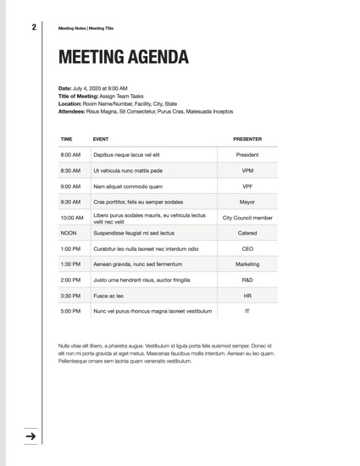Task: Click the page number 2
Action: click(34, 27)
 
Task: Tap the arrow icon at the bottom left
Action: click(31, 436)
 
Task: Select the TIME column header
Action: click(67, 138)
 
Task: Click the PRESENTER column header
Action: click(247, 138)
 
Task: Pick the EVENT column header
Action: click(101, 138)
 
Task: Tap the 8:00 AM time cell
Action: click(70, 155)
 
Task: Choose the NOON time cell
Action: click(69, 233)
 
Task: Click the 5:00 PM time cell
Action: click(70, 311)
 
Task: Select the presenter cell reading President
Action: click(247, 155)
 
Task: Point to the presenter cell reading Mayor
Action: click(247, 202)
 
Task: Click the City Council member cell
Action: click(247, 218)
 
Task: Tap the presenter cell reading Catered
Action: click(247, 233)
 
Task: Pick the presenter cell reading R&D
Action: click(247, 280)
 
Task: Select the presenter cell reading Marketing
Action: click(247, 264)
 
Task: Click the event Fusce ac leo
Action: click(108, 296)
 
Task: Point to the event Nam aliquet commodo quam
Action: click(128, 186)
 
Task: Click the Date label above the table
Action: click(65, 88)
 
